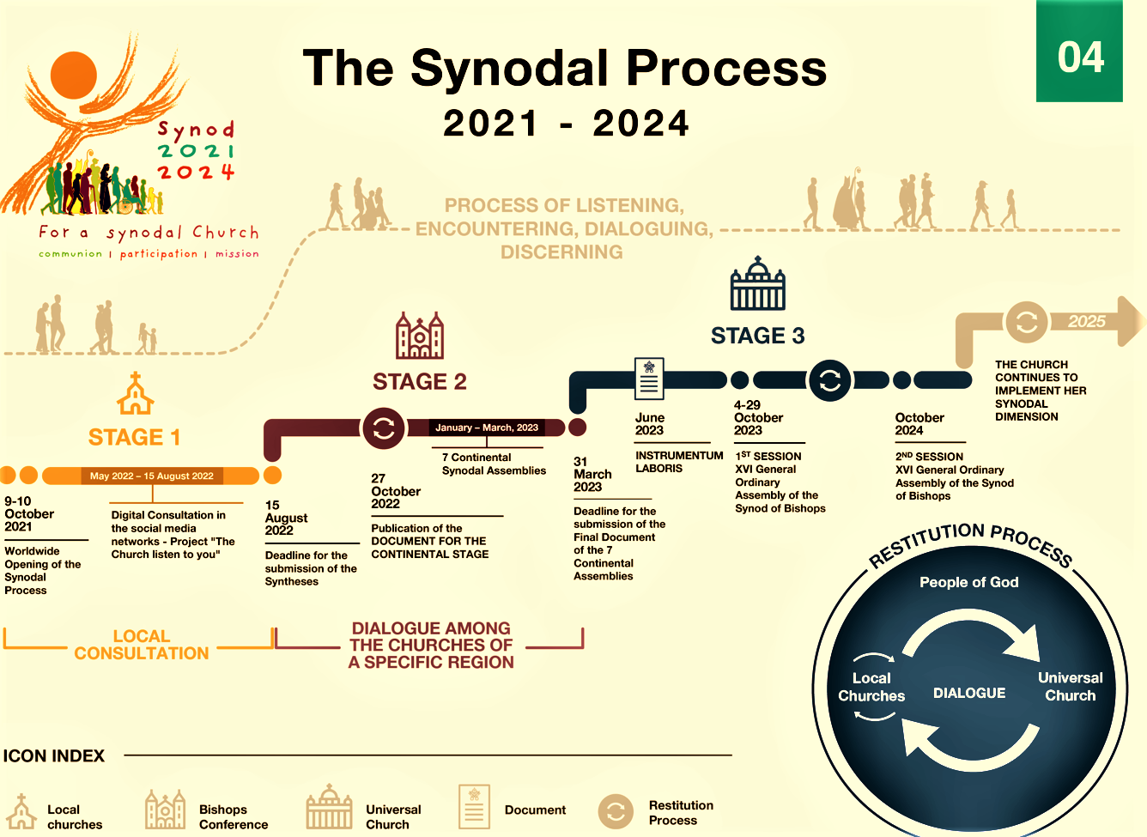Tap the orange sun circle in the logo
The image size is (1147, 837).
[x=75, y=75]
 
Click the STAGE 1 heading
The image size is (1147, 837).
[x=134, y=437]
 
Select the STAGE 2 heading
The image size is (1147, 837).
[x=420, y=381]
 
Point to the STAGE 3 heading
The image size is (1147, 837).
[x=757, y=336]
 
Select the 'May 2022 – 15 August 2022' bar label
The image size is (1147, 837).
[x=152, y=476]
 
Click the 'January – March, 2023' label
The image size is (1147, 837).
[x=487, y=428]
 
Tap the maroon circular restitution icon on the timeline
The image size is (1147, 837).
[x=384, y=428]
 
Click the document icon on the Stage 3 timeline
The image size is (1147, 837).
[x=649, y=379]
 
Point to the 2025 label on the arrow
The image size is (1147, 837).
[x=1086, y=321]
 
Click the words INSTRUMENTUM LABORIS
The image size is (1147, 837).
[x=679, y=462]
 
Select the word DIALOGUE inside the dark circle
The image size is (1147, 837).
[x=969, y=693]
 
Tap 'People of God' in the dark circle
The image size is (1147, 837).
[x=969, y=582]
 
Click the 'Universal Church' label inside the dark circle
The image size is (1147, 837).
[x=1070, y=687]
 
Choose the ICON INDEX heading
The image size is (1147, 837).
[x=54, y=755]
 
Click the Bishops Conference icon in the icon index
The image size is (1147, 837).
[x=165, y=810]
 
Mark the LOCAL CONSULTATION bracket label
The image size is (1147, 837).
[x=142, y=645]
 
